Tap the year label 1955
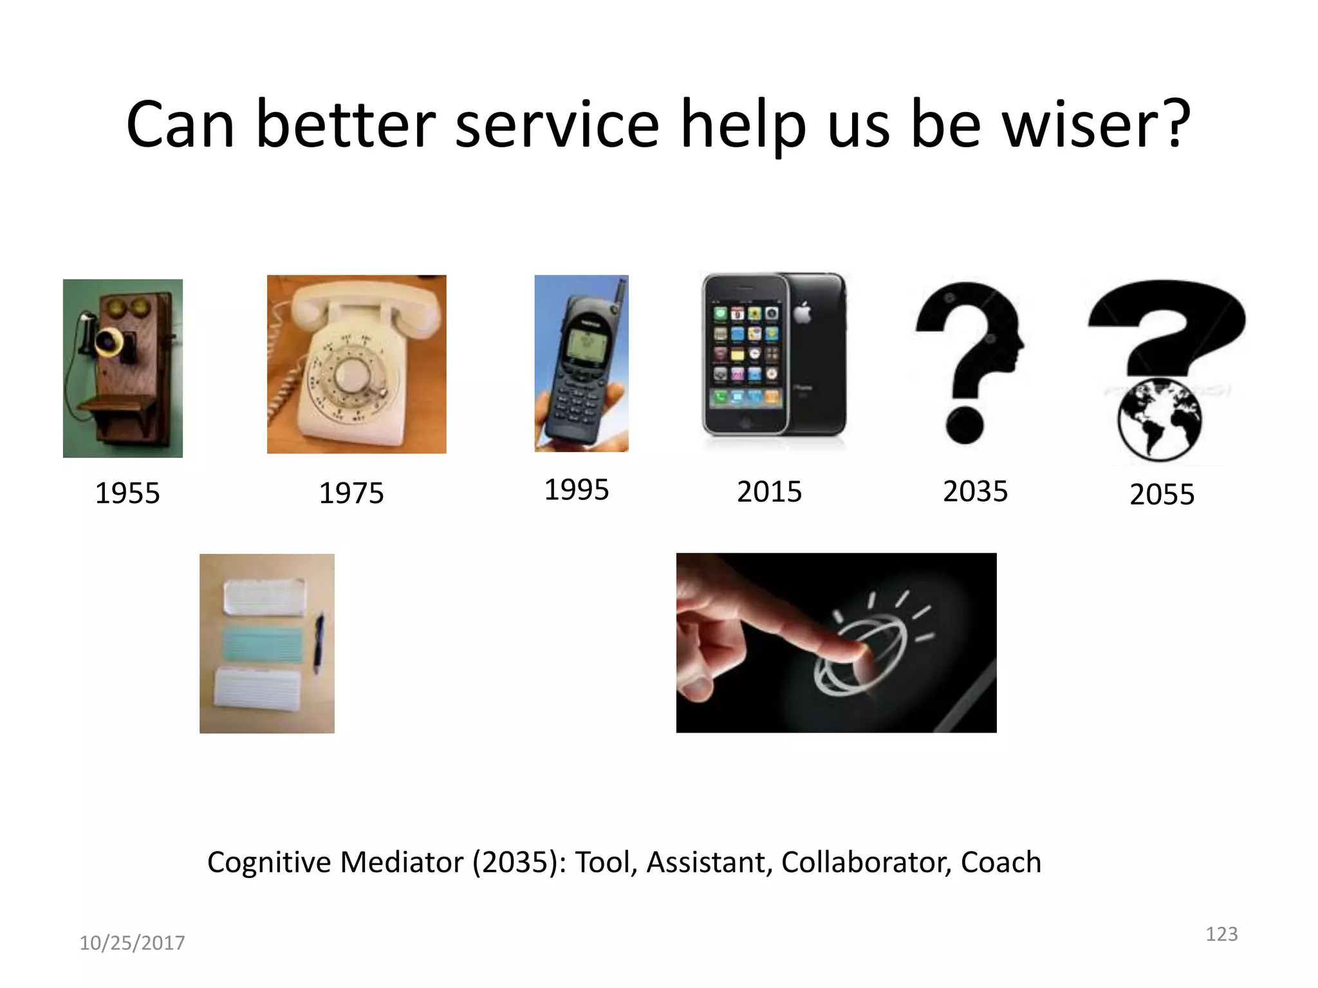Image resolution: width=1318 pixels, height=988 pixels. (x=127, y=493)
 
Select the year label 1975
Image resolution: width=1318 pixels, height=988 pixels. (x=351, y=493)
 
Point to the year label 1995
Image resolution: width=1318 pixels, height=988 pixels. (x=577, y=489)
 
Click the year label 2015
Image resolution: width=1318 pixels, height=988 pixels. (x=769, y=492)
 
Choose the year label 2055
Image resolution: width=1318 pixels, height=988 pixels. (x=1162, y=495)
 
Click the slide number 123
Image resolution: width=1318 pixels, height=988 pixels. (x=1221, y=934)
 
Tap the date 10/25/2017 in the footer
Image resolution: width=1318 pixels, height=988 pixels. (x=132, y=943)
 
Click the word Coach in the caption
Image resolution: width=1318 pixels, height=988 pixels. (x=1001, y=862)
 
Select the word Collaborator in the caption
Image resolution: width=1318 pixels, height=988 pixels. (x=866, y=862)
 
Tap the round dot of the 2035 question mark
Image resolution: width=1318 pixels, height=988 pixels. (x=965, y=425)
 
